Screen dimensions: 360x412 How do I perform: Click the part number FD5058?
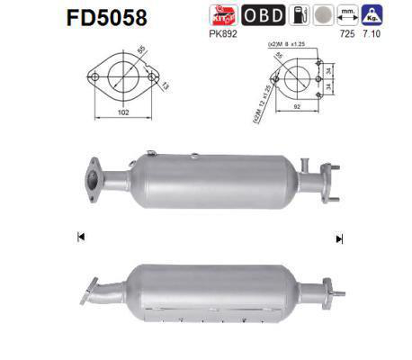(x=67, y=18)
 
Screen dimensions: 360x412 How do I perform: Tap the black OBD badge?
(x=262, y=15)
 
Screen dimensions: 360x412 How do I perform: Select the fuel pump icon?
(x=299, y=15)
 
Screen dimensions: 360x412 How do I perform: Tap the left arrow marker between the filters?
(x=81, y=237)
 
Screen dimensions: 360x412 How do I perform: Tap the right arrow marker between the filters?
(x=339, y=238)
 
